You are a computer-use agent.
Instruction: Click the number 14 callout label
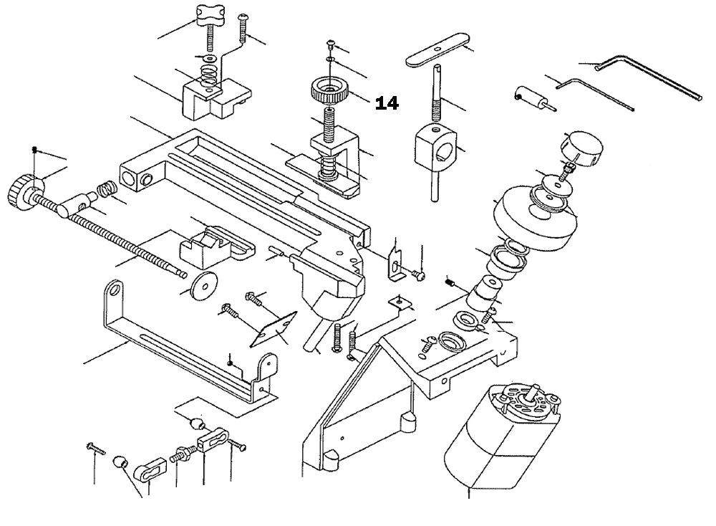pos(387,103)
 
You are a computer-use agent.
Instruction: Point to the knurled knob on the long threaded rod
pos(24,191)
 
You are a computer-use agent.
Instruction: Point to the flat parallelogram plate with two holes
pos(272,328)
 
